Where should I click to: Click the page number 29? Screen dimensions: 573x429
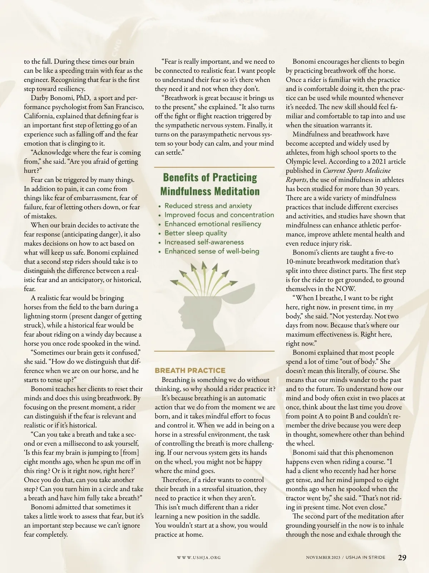[402, 558]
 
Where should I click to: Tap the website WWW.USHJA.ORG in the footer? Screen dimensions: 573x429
[199, 558]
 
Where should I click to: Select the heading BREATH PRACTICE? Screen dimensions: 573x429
[190, 370]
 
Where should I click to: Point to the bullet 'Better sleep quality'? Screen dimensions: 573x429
[196, 233]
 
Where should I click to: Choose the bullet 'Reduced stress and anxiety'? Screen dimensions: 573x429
[208, 206]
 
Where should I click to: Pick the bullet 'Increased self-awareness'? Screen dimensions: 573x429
[204, 242]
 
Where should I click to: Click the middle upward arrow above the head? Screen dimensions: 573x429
[204, 267]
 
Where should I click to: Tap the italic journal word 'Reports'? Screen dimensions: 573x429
[297, 180]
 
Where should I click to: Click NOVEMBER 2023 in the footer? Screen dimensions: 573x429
[323, 558]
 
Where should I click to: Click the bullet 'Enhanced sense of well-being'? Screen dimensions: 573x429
[212, 251]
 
